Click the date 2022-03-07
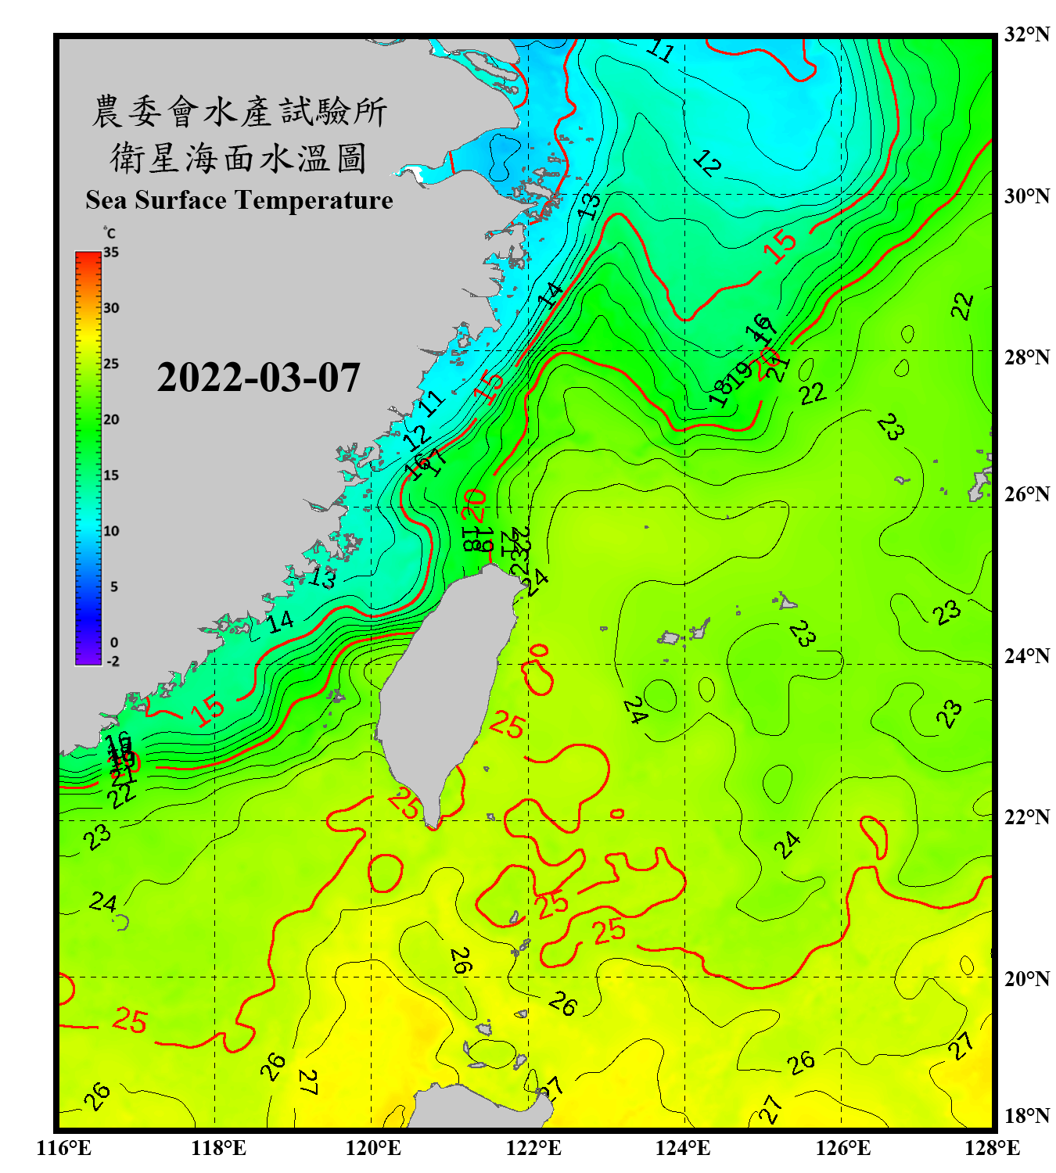click(258, 378)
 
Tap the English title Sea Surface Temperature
click(239, 200)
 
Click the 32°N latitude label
click(1027, 34)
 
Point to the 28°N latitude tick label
click(1027, 357)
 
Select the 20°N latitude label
click(1027, 978)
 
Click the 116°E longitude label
click(64, 1148)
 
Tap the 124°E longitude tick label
click(683, 1148)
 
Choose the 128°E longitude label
click(992, 1148)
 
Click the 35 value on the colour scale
click(111, 253)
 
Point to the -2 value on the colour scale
click(113, 662)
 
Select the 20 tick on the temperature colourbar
click(111, 420)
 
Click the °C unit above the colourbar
click(110, 233)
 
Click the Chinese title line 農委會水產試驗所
click(239, 112)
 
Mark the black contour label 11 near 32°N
click(661, 52)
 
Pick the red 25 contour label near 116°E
click(130, 1020)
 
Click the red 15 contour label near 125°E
click(780, 247)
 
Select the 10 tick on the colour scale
click(112, 531)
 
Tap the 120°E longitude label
click(373, 1148)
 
